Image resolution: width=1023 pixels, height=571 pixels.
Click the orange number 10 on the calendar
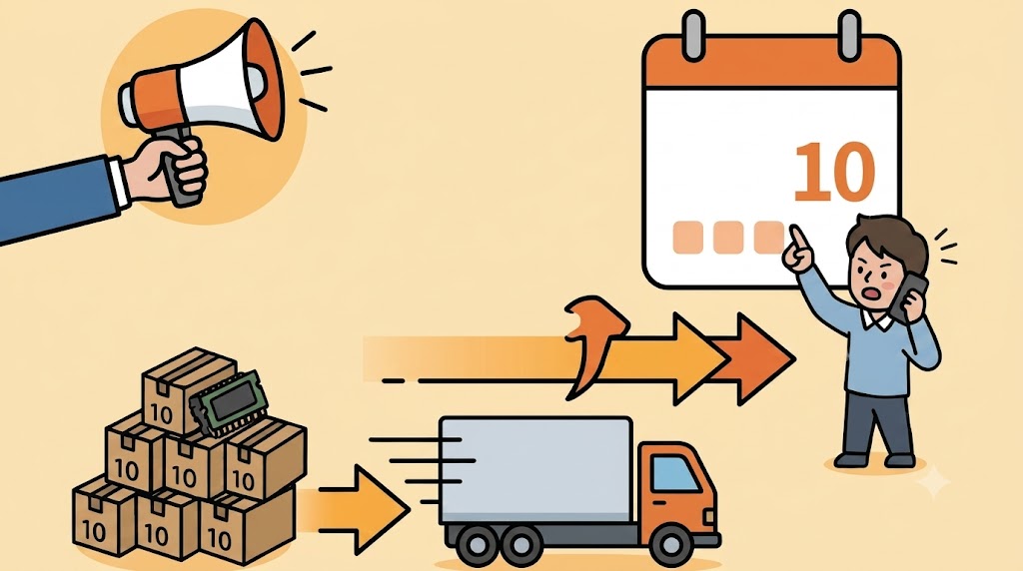[x=834, y=172]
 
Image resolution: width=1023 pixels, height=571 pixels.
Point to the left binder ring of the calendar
[x=694, y=37]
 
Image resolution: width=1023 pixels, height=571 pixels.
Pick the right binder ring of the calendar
[x=848, y=37]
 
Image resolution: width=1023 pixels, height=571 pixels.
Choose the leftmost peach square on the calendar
[x=687, y=238]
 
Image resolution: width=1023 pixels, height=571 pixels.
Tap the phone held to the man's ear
[x=910, y=296]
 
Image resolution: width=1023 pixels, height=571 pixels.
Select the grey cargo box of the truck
[x=536, y=470]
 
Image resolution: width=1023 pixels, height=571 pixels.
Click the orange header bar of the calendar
[x=771, y=63]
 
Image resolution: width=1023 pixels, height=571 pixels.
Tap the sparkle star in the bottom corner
[x=934, y=482]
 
